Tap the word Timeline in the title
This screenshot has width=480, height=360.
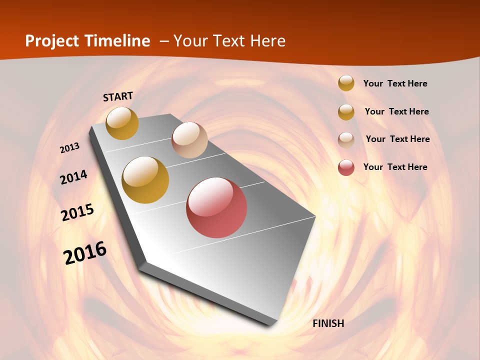pyautogui.click(x=118, y=41)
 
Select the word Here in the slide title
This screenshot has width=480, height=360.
pyautogui.click(x=267, y=41)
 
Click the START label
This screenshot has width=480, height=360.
pyautogui.click(x=118, y=96)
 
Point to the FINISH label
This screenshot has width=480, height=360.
pyautogui.click(x=328, y=323)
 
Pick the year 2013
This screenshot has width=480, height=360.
pyautogui.click(x=70, y=148)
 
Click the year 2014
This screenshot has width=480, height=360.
pyautogui.click(x=74, y=177)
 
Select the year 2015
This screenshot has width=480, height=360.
pyautogui.click(x=77, y=213)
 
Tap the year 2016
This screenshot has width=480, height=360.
pyautogui.click(x=85, y=252)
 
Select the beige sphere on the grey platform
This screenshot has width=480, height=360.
pyautogui.click(x=189, y=140)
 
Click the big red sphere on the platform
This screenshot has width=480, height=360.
pyautogui.click(x=216, y=207)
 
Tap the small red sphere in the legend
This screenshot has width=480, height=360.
pyautogui.click(x=346, y=167)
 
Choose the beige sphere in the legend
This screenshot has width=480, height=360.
pyautogui.click(x=346, y=140)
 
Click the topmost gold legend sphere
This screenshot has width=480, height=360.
pyautogui.click(x=346, y=83)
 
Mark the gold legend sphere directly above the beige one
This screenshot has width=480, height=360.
pyautogui.click(x=346, y=112)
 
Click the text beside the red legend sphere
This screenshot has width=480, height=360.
pyautogui.click(x=395, y=167)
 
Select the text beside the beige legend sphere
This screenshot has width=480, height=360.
pyautogui.click(x=397, y=139)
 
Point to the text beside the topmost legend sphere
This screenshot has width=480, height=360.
pyautogui.click(x=395, y=83)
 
